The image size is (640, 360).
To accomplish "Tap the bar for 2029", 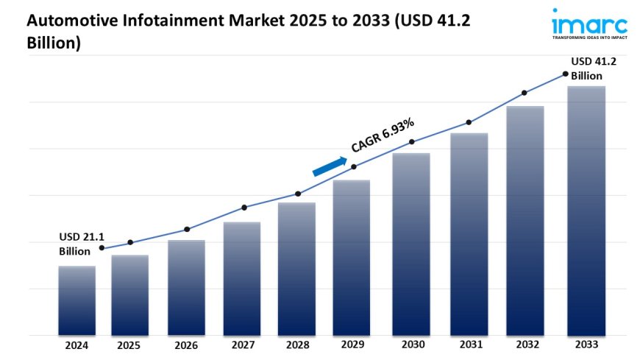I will coord(352,258).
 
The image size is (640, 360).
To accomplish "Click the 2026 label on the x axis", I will coord(186,344).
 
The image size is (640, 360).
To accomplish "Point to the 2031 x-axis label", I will coord(469,344).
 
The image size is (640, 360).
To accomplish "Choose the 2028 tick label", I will coord(297,344).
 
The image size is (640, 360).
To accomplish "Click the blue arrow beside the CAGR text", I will coord(329,166).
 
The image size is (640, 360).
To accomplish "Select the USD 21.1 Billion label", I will coord(82,244).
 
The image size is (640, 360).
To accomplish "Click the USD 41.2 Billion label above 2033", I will coord(594,68).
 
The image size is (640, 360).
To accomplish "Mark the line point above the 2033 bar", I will coord(565,74).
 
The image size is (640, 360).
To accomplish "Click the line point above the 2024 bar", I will coord(102,248).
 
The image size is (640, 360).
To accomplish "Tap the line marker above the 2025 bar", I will coord(130,242).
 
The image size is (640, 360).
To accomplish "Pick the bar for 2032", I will coord(525,220).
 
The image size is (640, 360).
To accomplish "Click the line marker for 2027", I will coord(244,208).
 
